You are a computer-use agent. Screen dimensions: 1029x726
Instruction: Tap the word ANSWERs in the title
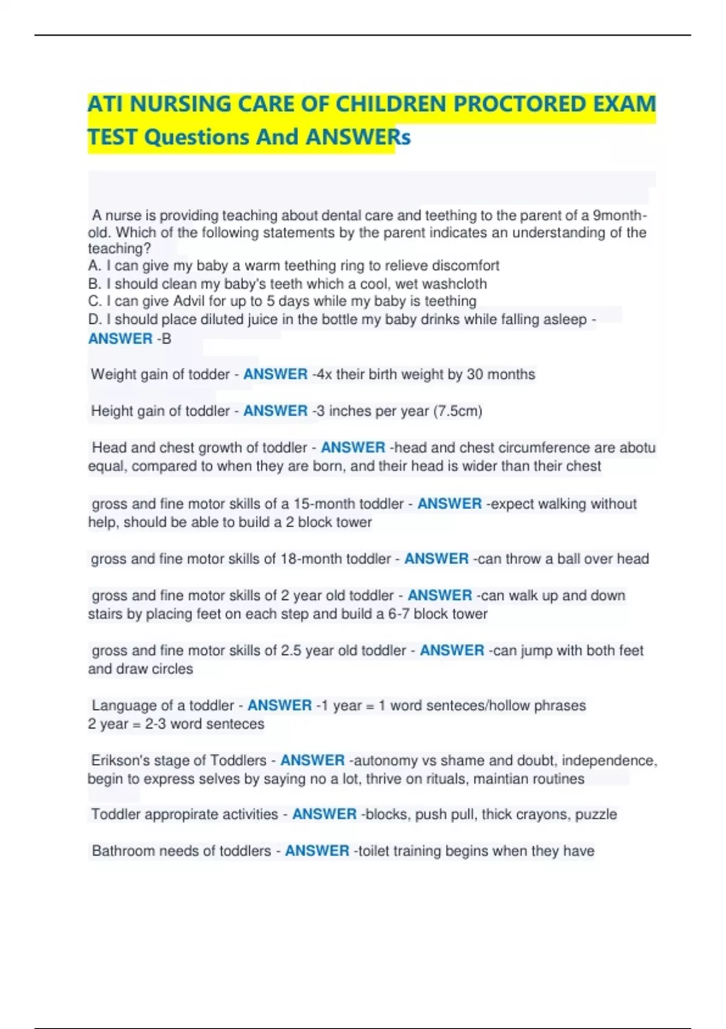click(358, 137)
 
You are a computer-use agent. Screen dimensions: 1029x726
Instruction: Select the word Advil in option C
click(191, 301)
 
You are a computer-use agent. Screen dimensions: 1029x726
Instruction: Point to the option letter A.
click(93, 266)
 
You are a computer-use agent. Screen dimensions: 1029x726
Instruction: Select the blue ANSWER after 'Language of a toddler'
click(280, 706)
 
